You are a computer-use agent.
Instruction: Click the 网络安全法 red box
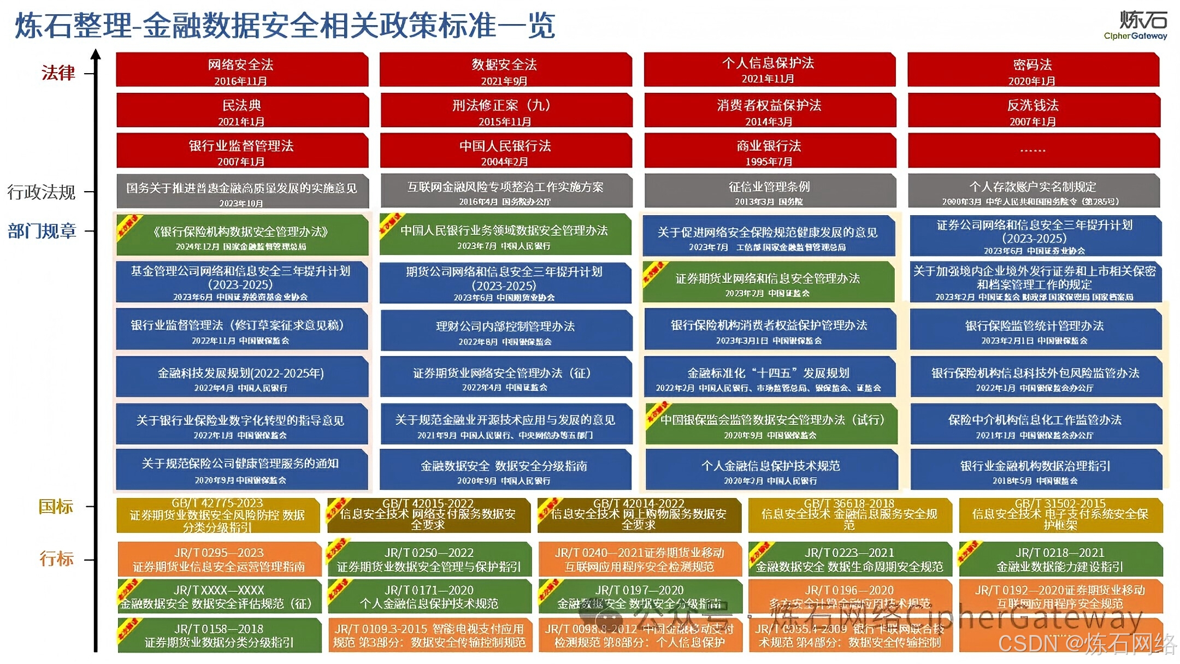pyautogui.click(x=241, y=70)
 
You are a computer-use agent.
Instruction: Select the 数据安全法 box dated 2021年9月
pyautogui.click(x=505, y=70)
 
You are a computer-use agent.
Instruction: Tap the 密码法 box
pyautogui.click(x=1032, y=70)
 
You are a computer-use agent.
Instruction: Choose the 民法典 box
pyautogui.click(x=241, y=110)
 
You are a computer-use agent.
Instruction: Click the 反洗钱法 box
pyautogui.click(x=1033, y=110)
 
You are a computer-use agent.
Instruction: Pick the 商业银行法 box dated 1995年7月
pyautogui.click(x=769, y=151)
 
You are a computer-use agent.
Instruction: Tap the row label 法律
pyautogui.click(x=58, y=73)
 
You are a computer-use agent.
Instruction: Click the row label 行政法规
pyautogui.click(x=42, y=192)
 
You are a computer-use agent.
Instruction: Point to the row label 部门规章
pyautogui.click(x=42, y=231)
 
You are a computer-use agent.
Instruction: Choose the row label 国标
pyautogui.click(x=56, y=506)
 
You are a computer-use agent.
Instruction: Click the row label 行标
pyautogui.click(x=56, y=559)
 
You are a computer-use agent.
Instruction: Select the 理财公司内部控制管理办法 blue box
pyautogui.click(x=505, y=331)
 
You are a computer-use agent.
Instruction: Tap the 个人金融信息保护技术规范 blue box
pyautogui.click(x=771, y=470)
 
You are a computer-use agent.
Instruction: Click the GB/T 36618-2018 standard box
pyautogui.click(x=849, y=515)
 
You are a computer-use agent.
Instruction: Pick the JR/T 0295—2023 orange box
pyautogui.click(x=219, y=559)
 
